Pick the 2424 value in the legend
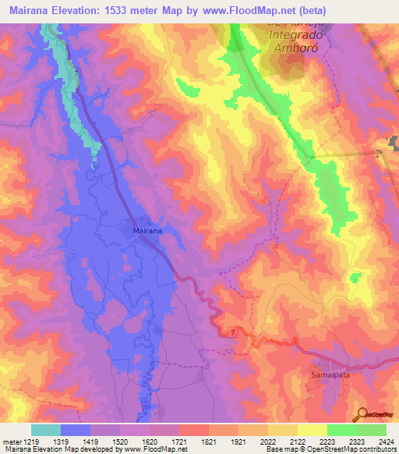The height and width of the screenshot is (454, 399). coord(384,441)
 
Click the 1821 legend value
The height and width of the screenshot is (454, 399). coord(208,441)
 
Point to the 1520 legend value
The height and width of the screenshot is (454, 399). coord(121,441)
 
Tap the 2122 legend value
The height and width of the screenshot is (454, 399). coord(297,441)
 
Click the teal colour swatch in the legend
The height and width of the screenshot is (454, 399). coord(46,430)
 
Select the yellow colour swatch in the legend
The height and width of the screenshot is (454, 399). coord(312,430)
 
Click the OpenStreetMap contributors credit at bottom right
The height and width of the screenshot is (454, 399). coord(362,449)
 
